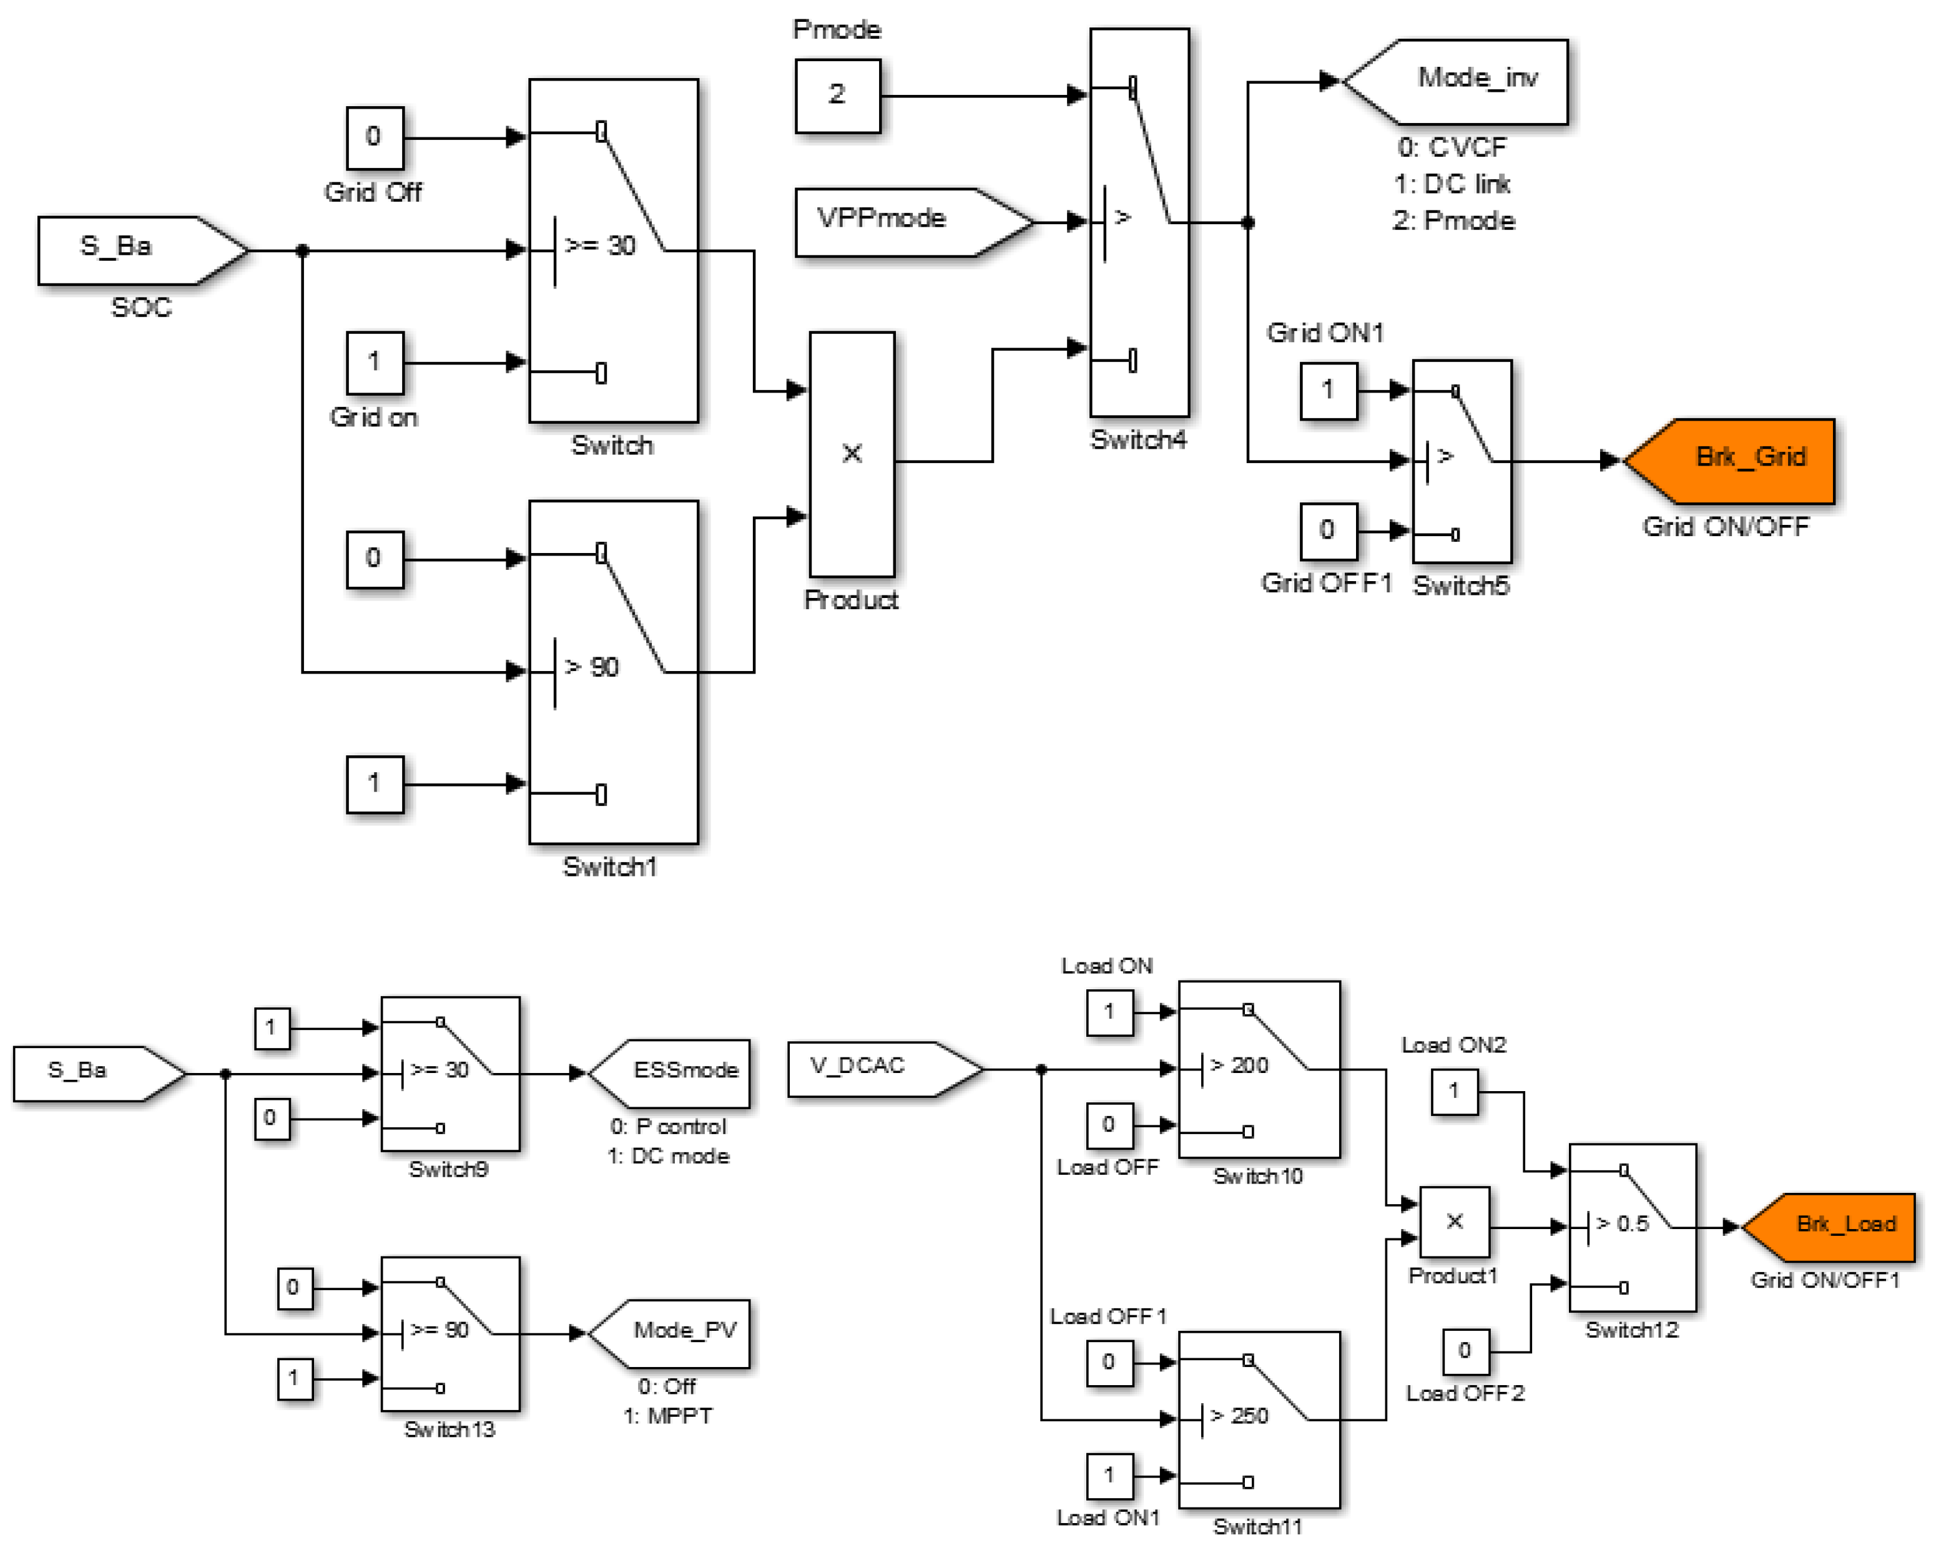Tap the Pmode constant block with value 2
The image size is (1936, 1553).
click(837, 95)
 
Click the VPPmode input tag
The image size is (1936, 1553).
click(907, 221)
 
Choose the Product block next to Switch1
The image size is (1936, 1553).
click(852, 454)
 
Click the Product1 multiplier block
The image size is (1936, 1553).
click(1454, 1222)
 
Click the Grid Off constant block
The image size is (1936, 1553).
click(375, 137)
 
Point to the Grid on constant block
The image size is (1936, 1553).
click(375, 363)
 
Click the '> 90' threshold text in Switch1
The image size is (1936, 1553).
click(592, 667)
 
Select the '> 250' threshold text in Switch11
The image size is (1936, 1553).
click(1239, 1416)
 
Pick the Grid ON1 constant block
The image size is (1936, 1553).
click(1327, 391)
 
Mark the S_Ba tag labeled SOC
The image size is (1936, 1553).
click(135, 250)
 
